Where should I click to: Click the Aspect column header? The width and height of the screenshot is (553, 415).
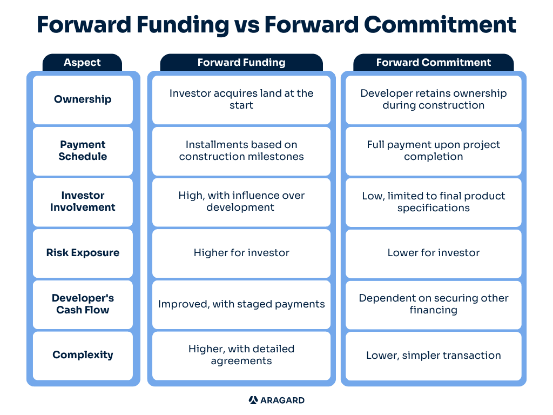(x=82, y=63)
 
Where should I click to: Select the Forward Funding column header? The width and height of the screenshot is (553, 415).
(x=241, y=63)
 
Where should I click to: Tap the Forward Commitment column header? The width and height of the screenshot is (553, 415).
(x=434, y=63)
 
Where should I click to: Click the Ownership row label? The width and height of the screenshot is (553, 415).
(x=83, y=99)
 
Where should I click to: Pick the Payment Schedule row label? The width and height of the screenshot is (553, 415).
(x=83, y=151)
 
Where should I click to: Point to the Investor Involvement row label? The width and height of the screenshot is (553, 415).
(x=83, y=202)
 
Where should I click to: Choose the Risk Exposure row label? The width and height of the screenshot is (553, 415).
(x=83, y=253)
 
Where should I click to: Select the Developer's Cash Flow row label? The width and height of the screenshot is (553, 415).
(x=83, y=304)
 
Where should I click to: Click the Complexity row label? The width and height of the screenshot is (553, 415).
(x=83, y=356)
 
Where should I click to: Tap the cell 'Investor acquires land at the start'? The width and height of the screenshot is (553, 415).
(x=241, y=99)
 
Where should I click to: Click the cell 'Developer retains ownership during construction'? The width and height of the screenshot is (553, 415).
(x=434, y=99)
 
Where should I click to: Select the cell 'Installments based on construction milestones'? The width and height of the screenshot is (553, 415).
(x=241, y=151)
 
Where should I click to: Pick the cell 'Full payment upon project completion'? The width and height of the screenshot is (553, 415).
(x=434, y=151)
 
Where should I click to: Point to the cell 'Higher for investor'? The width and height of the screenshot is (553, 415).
(x=241, y=253)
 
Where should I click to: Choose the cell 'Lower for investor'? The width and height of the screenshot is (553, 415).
(x=434, y=253)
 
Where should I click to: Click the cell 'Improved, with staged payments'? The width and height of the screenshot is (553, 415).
(x=241, y=304)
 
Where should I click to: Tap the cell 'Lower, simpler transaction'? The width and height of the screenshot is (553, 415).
(x=434, y=356)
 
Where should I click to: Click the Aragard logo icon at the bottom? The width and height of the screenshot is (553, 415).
(x=253, y=400)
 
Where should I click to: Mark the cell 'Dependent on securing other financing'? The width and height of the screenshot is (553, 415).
(x=434, y=304)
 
